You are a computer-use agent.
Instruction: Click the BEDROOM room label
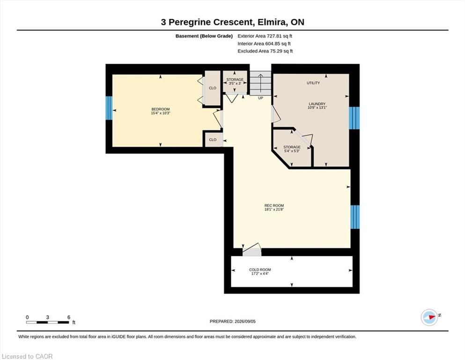click(x=161, y=109)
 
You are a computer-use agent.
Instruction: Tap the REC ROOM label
click(x=274, y=205)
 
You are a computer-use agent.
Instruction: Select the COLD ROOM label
click(x=260, y=270)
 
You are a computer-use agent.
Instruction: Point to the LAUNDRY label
click(x=317, y=104)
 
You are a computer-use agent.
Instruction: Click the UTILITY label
click(x=313, y=83)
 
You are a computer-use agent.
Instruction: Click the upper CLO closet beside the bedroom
click(x=213, y=88)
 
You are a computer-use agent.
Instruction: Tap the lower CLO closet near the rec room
click(x=213, y=140)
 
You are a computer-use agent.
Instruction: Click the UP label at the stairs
click(x=260, y=98)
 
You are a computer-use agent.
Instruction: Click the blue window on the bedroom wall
click(x=109, y=108)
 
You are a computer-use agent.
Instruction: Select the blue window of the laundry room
click(x=354, y=118)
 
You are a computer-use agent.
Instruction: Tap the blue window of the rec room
click(x=355, y=217)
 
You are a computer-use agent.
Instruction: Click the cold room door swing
click(x=252, y=249)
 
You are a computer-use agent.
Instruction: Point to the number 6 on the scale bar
click(x=69, y=317)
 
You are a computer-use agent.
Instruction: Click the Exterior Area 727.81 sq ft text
click(x=265, y=36)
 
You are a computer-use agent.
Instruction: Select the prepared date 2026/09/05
click(x=245, y=322)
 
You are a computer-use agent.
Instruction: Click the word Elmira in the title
click(x=272, y=22)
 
